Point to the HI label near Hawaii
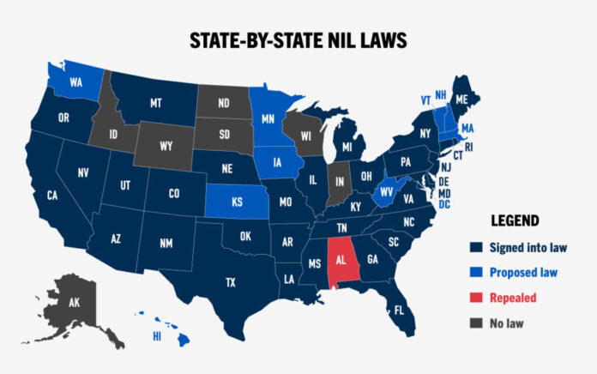pos(157,337)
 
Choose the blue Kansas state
pos(236,204)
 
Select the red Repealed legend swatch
pos(474,298)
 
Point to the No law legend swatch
pos(474,323)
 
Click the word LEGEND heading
pos(515,220)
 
